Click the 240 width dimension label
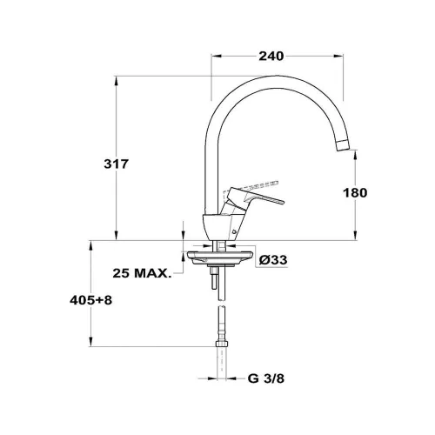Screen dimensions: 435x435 click(271, 56)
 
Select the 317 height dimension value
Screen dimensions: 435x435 click(116, 164)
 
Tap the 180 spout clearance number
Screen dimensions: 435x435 click(355, 192)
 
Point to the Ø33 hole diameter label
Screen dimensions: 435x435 click(273, 260)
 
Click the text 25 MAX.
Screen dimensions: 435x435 click(142, 273)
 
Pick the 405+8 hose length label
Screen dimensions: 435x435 click(90, 300)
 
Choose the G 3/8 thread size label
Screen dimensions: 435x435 click(266, 378)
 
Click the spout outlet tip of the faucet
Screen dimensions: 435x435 click(344, 145)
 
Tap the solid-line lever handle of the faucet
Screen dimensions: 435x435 click(252, 197)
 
